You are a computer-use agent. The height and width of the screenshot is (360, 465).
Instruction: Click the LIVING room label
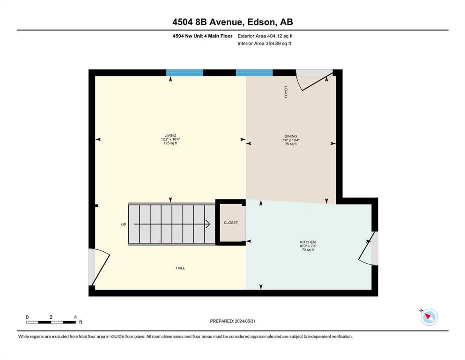point(170,135)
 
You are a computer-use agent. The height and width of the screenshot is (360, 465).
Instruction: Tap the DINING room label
point(291,136)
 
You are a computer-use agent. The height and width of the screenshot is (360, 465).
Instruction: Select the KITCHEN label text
point(308,242)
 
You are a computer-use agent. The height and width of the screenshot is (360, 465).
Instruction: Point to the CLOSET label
point(231,223)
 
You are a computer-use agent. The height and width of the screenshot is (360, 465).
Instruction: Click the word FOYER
point(286,92)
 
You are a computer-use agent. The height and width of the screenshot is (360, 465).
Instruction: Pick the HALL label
point(180,268)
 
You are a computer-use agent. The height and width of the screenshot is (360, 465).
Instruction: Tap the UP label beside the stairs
point(124,225)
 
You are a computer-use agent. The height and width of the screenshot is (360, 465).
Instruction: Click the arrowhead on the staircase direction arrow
point(208,224)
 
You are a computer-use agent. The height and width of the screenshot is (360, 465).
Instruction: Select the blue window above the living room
point(185,73)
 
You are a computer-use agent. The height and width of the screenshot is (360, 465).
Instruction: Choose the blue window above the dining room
point(254,73)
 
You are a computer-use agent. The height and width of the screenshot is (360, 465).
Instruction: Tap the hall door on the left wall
point(99,267)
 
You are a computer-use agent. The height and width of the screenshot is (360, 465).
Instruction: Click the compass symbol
point(429,317)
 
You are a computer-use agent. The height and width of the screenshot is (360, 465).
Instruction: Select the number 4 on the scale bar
point(75,317)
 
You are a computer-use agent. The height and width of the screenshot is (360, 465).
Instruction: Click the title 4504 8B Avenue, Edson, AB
point(233,22)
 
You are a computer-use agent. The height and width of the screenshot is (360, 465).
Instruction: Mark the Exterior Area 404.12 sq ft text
point(265,36)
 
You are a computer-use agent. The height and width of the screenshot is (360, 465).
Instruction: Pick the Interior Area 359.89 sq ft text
point(264,43)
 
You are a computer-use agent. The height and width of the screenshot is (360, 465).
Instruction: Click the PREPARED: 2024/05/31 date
point(233,321)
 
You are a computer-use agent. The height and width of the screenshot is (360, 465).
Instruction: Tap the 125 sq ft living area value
point(170,143)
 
